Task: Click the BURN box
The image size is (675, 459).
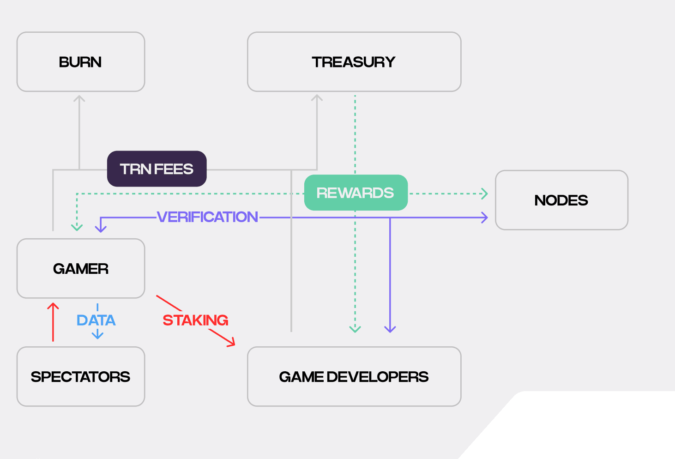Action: [x=81, y=62]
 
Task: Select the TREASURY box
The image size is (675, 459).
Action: [x=354, y=62]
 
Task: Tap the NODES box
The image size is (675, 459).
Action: [x=561, y=200]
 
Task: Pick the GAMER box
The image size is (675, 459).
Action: [x=81, y=268]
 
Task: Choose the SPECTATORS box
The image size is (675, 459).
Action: [x=81, y=376]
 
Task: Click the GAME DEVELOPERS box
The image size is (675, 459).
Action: [x=354, y=376]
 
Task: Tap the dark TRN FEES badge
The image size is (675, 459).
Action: [x=157, y=169]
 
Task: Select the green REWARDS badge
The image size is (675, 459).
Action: [x=356, y=193]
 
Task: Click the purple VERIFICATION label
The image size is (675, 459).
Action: [x=207, y=217]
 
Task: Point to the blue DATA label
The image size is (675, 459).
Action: [x=96, y=320]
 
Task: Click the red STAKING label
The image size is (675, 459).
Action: [x=195, y=320]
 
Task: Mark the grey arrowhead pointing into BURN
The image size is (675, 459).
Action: [x=79, y=98]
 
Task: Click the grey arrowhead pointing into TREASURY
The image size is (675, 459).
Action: [x=317, y=98]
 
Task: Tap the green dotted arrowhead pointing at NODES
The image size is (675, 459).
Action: [x=485, y=193]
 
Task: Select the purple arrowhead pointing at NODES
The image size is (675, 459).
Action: [x=485, y=217]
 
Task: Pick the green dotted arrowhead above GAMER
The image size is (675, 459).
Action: [x=77, y=227]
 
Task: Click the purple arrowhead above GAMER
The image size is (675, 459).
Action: [x=101, y=229]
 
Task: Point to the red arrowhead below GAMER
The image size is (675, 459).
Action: [x=53, y=306]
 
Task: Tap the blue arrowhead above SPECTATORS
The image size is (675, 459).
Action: [x=97, y=336]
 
